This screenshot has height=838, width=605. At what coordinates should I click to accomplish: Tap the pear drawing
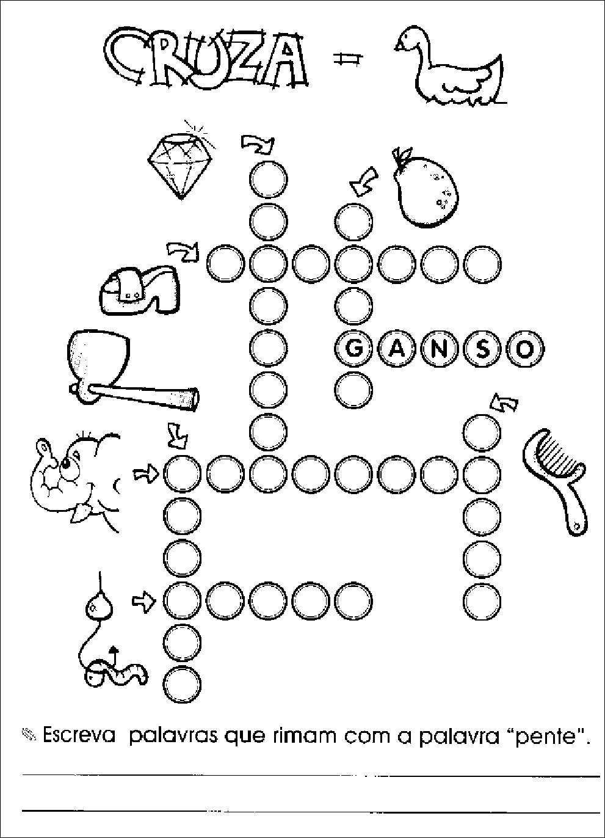pyautogui.click(x=426, y=190)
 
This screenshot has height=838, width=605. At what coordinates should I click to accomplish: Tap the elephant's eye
pyautogui.click(x=66, y=464)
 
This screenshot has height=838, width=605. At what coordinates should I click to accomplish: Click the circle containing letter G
pyautogui.click(x=353, y=349)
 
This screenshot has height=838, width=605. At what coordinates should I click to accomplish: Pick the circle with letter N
pyautogui.click(x=440, y=349)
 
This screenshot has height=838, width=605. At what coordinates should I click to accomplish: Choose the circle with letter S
pyautogui.click(x=482, y=349)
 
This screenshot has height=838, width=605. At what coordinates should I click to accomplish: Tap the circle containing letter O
pyautogui.click(x=525, y=349)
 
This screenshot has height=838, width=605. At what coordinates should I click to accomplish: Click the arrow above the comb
pyautogui.click(x=504, y=403)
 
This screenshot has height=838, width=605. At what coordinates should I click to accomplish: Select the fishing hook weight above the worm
pyautogui.click(x=99, y=607)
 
